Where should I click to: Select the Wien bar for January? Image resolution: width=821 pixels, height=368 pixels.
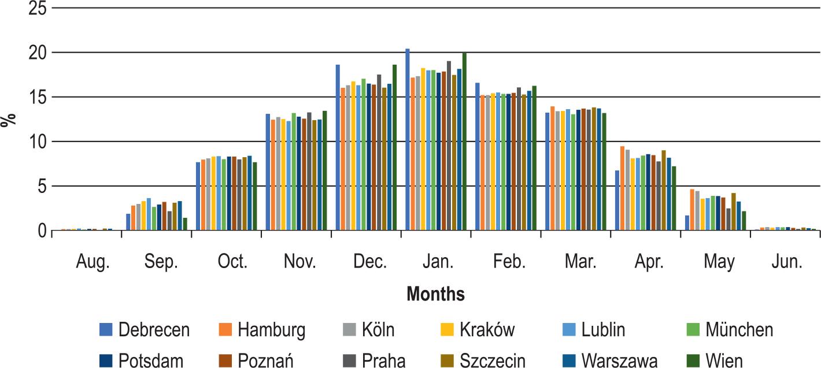[464, 142]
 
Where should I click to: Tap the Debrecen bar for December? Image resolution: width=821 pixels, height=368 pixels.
[338, 147]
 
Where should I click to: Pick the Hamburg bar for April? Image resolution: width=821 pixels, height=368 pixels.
[622, 188]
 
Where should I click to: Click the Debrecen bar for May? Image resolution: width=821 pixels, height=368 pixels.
[687, 223]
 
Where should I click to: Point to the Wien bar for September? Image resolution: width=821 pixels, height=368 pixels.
[185, 224]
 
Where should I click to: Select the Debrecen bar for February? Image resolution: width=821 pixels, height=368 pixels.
[478, 157]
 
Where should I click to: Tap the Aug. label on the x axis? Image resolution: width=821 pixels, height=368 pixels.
[93, 262]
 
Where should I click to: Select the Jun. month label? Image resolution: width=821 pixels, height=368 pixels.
[787, 262]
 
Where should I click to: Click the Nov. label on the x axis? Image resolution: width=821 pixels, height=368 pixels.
[299, 262]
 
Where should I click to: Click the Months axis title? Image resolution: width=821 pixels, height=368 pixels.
[435, 294]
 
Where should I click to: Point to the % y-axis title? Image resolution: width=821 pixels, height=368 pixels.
[8, 120]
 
